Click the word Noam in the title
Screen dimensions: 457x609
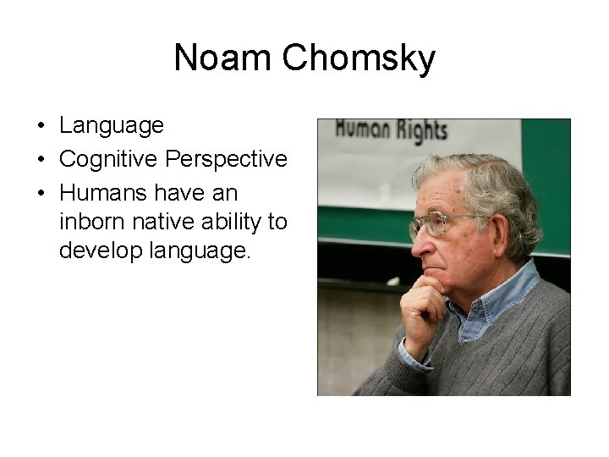point(222,58)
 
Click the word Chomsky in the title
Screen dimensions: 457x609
point(359,58)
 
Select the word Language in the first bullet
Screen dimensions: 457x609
point(111,126)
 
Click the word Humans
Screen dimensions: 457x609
point(100,190)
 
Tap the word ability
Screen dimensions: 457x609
point(233,222)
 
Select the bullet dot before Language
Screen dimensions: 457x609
point(40,127)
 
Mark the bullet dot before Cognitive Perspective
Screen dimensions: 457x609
point(40,159)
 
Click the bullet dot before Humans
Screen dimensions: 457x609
point(40,191)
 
